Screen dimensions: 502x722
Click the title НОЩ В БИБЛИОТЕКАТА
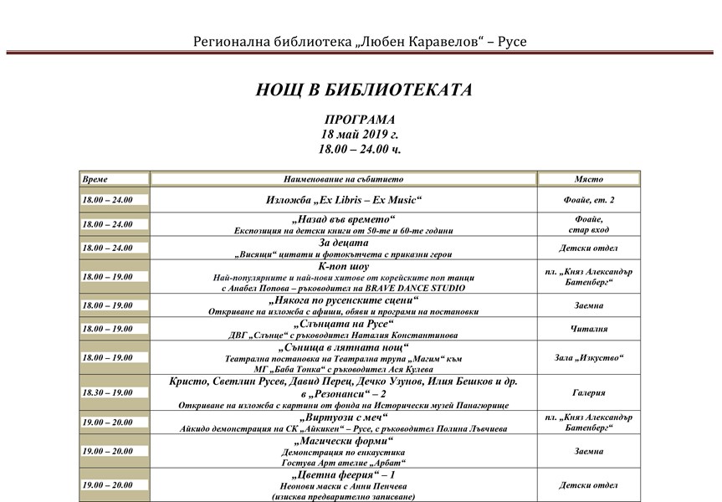click(x=364, y=90)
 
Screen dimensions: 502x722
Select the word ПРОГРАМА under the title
click(x=359, y=120)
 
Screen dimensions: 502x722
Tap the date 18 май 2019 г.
click(x=360, y=134)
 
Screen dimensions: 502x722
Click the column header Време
click(x=95, y=179)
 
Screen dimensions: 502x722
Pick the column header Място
click(x=588, y=179)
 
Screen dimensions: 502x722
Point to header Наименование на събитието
click(x=343, y=179)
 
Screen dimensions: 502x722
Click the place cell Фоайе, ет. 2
click(x=588, y=200)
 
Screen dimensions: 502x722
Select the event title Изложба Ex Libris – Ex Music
click(x=343, y=200)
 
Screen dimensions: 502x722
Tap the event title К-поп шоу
click(x=343, y=266)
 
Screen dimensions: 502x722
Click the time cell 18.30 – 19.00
click(x=107, y=392)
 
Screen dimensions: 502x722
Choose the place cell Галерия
click(x=588, y=391)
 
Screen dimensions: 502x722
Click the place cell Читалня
click(x=588, y=329)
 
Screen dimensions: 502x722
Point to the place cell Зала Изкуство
click(x=588, y=358)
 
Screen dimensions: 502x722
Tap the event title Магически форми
click(x=343, y=440)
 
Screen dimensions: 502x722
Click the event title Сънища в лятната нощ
click(x=343, y=346)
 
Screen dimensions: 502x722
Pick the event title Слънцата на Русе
click(x=343, y=323)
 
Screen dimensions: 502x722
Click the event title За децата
click(x=343, y=243)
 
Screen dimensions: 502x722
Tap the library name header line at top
click(x=361, y=41)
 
